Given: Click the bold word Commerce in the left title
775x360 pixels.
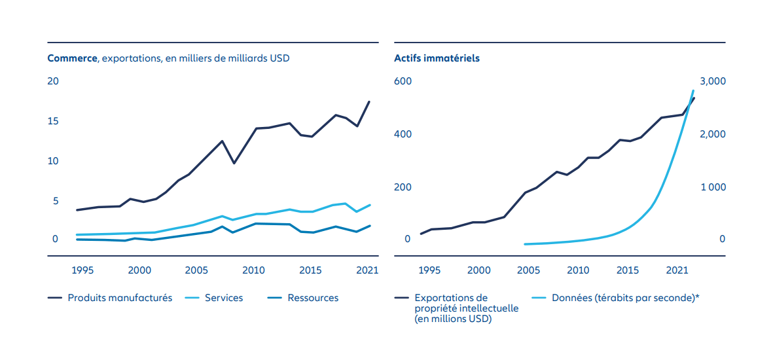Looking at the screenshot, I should point(72,58).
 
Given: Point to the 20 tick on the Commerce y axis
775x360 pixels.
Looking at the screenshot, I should point(53,81).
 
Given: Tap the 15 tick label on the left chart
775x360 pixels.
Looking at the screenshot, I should point(53,121).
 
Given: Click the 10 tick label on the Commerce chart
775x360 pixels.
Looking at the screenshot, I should point(53,161).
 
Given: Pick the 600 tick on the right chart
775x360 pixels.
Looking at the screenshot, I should point(402,81).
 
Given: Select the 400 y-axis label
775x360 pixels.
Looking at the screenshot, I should point(402,134).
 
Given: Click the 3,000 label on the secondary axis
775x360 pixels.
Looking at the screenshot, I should point(713,81).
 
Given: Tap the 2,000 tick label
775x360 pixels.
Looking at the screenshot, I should point(713,134).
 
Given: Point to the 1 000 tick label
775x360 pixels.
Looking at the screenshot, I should point(713,187).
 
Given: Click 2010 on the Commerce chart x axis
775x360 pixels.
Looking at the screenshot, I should point(253,270).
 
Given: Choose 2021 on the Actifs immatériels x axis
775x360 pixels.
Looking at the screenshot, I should point(676,270).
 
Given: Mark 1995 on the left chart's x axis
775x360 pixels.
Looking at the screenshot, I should point(81,270).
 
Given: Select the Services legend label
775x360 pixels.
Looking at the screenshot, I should point(224,298).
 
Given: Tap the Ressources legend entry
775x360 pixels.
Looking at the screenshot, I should point(313,298).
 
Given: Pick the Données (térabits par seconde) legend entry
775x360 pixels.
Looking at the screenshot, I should point(626,298).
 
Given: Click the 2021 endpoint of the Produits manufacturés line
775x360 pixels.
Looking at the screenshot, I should point(370,101).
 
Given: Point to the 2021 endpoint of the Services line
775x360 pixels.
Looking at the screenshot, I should point(370,205).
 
